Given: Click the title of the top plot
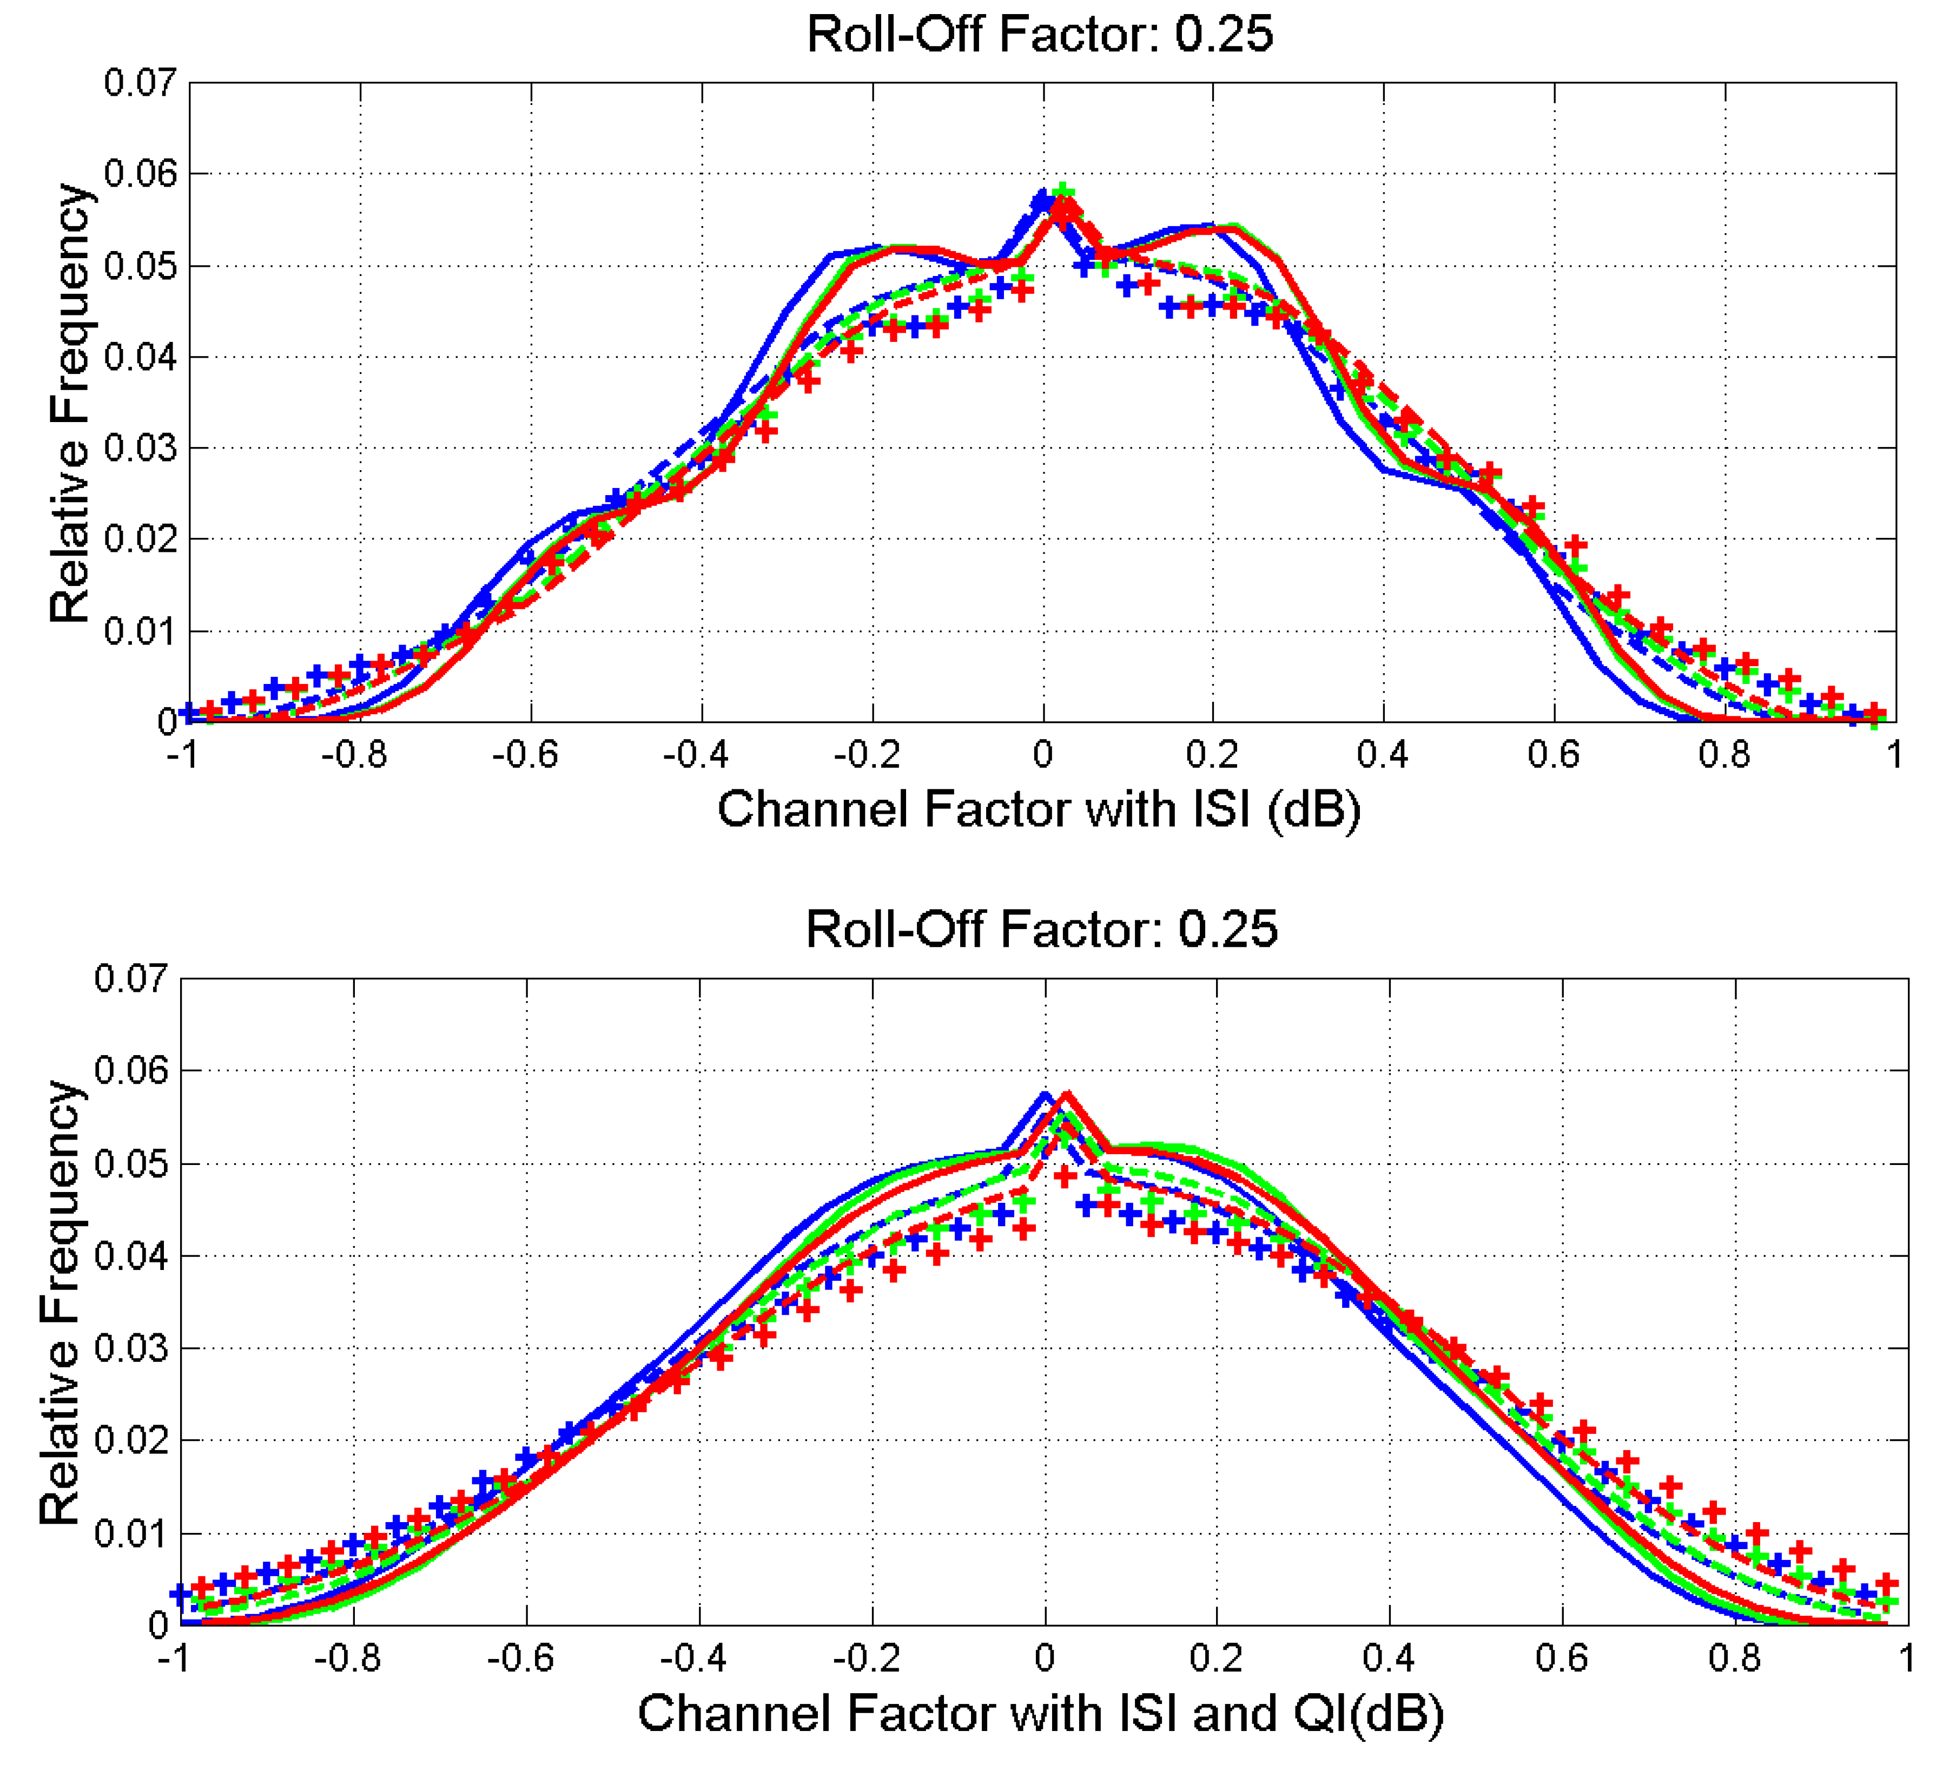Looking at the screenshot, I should coord(1040,35).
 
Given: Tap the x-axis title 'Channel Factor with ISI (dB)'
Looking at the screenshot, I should coord(1039,809).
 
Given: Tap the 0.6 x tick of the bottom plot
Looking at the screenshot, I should coord(1562,1658).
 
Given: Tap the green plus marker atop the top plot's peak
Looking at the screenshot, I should coord(1062,190).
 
